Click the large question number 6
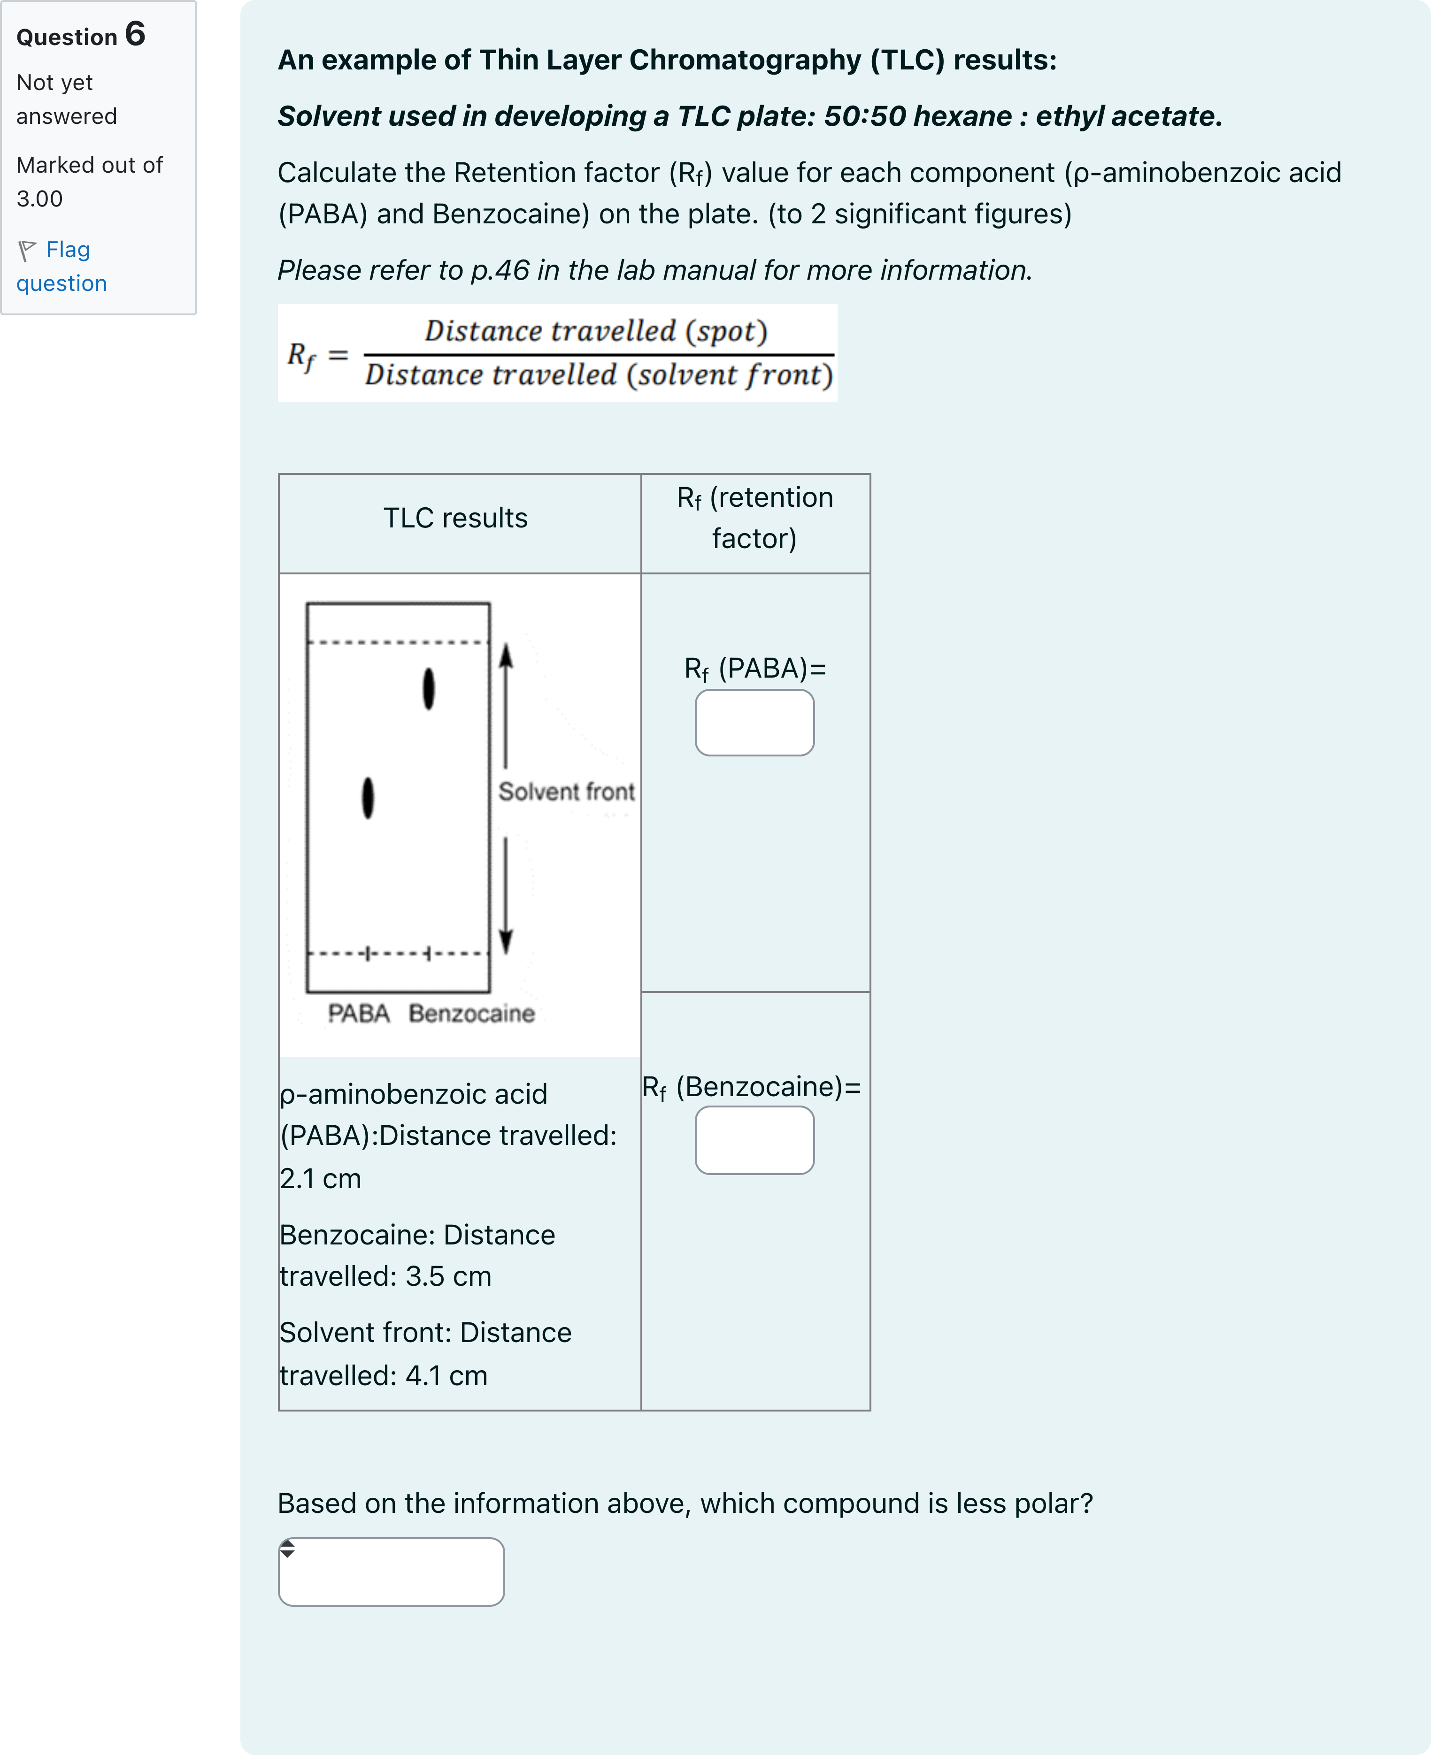135,35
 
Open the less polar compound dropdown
391,1571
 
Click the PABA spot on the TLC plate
368,798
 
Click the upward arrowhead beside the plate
506,656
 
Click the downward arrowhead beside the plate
506,941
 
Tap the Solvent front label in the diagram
566,792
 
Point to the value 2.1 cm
320,1178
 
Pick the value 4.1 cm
446,1375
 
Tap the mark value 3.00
39,198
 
